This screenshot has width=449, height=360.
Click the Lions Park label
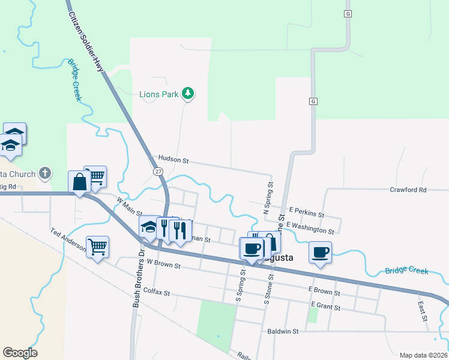point(158,94)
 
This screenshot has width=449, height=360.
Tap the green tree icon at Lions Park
point(188,94)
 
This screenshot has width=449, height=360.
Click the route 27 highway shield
point(158,172)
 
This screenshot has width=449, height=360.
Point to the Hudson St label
point(173,161)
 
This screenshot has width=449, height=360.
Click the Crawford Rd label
point(408,190)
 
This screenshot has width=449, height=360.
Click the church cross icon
point(44,174)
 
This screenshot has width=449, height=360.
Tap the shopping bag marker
point(80,181)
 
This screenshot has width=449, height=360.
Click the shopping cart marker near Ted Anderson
point(98,246)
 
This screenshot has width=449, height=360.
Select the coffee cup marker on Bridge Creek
point(320,252)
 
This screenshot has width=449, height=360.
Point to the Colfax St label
point(157,293)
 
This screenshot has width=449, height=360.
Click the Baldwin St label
point(282,331)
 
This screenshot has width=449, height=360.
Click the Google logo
point(20,353)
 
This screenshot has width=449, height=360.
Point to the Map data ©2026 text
point(423,355)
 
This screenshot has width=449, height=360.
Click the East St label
point(421,310)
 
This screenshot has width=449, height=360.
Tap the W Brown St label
point(164,263)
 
